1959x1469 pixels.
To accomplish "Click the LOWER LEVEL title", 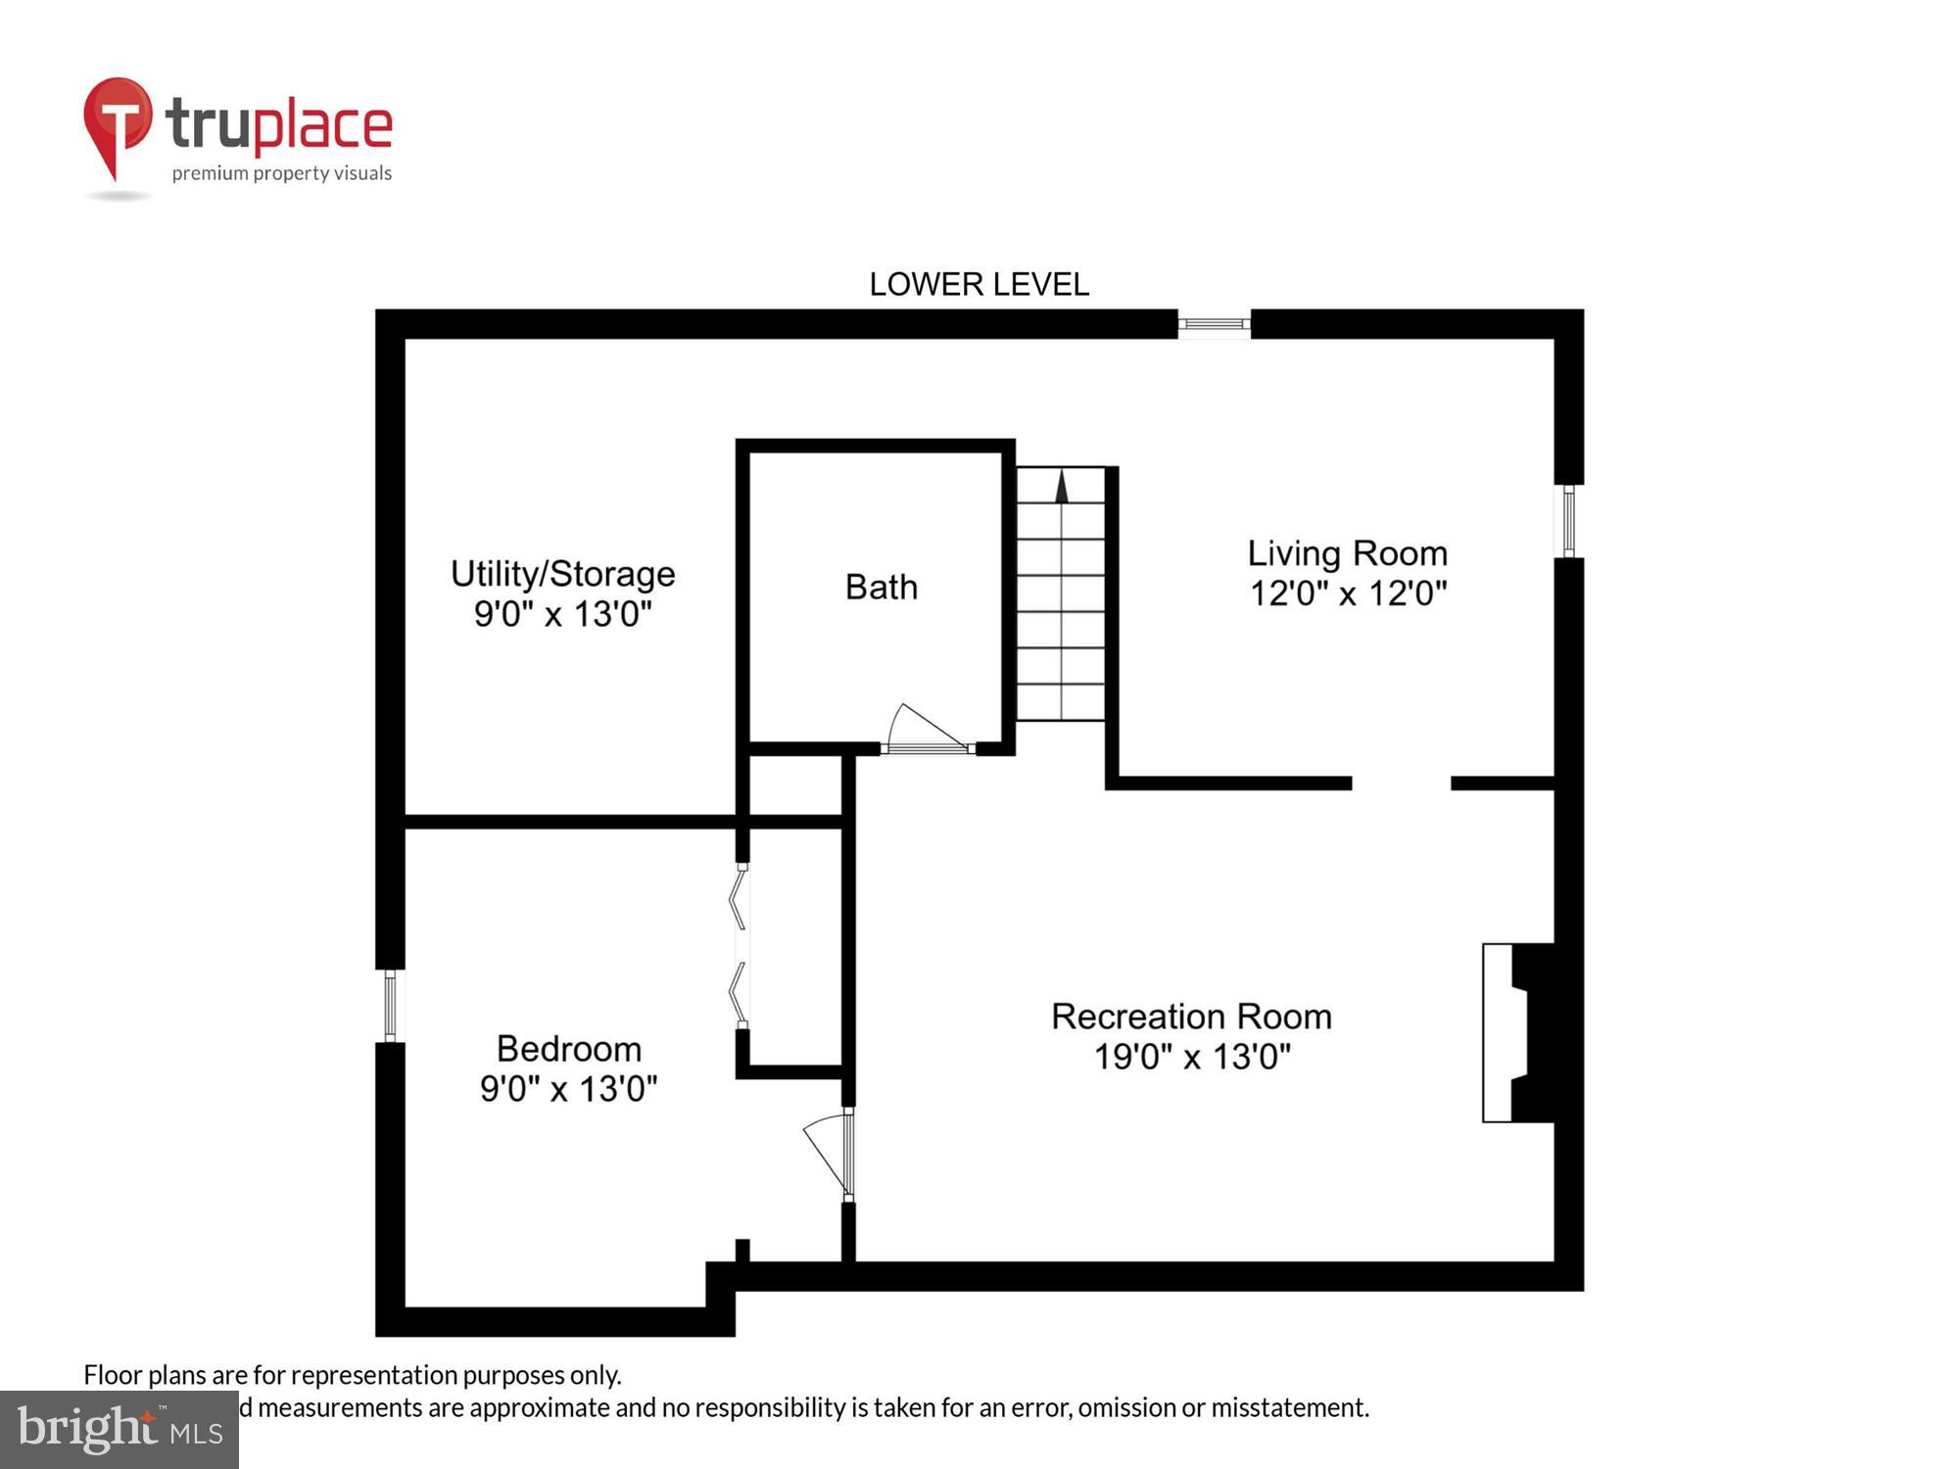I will coord(979,284).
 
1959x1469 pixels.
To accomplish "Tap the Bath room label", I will coord(881,587).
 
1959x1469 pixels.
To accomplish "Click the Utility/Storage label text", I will coord(562,573).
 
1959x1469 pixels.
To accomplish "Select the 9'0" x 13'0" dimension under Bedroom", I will coord(568,1088).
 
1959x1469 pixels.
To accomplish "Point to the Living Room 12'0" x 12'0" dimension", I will coord(1348,592).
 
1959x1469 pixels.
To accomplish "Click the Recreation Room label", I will coord(1191,1016).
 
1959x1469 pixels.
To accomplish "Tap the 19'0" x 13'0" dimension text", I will coord(1191,1057).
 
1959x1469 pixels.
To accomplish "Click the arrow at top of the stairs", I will coord(1061,487).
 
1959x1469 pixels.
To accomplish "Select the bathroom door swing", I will coord(924,730).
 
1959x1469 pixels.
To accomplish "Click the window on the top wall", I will coord(1214,324).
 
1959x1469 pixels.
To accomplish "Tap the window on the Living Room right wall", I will coord(1568,520).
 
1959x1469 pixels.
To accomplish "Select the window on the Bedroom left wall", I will coord(390,1006).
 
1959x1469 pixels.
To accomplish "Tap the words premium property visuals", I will coord(281,173).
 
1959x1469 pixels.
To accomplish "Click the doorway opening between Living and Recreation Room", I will coord(1401,783).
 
